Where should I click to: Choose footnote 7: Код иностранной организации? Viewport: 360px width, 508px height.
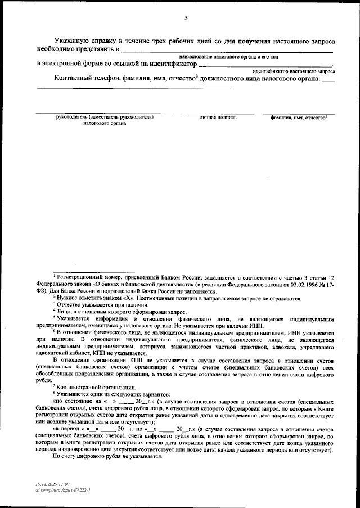pos(94,386)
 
